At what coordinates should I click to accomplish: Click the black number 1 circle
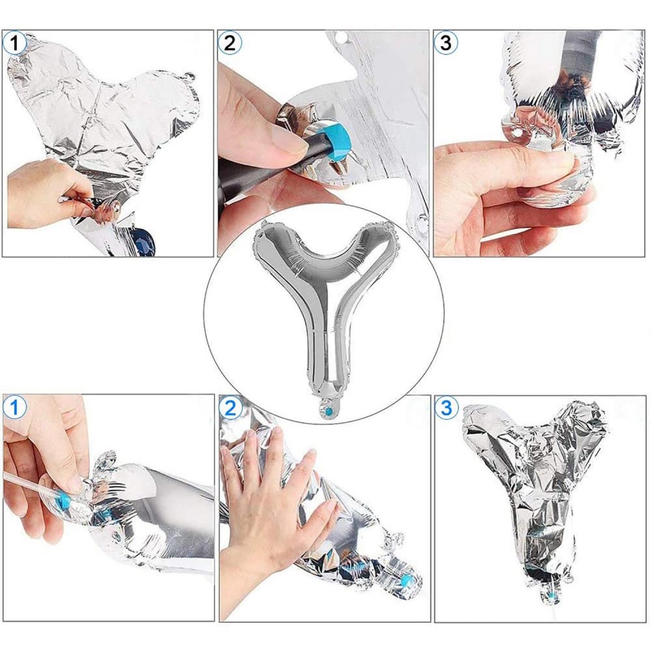coord(15,43)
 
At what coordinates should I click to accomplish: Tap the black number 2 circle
coord(230,42)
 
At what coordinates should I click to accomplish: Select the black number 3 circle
coord(445,42)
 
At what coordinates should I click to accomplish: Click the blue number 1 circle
coord(14,407)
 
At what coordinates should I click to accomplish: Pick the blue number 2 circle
coord(230,408)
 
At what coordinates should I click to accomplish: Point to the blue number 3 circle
coord(446,407)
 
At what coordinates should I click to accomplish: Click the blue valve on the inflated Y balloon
coord(329,411)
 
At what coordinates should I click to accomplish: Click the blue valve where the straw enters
coord(64,499)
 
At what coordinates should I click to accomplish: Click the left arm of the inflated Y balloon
coord(283,254)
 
